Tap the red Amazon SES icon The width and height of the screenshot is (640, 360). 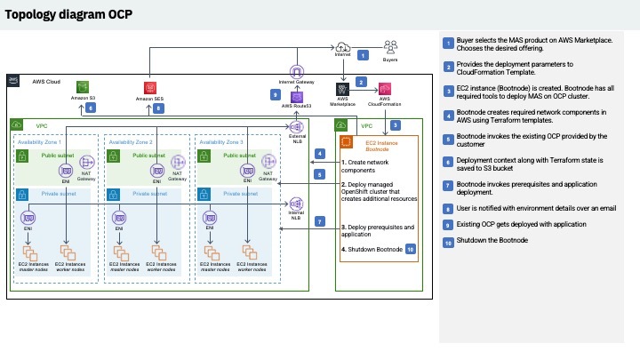(150, 88)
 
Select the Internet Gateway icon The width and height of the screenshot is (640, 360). (297, 71)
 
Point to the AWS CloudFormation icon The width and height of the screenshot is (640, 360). (386, 89)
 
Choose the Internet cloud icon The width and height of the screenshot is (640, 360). (343, 46)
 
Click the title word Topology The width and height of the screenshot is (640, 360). (36, 14)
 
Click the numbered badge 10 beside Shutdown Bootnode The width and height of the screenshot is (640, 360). (410, 250)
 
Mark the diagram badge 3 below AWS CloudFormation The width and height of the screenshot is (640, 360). (395, 125)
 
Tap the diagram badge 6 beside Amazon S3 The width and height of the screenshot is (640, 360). (91, 108)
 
